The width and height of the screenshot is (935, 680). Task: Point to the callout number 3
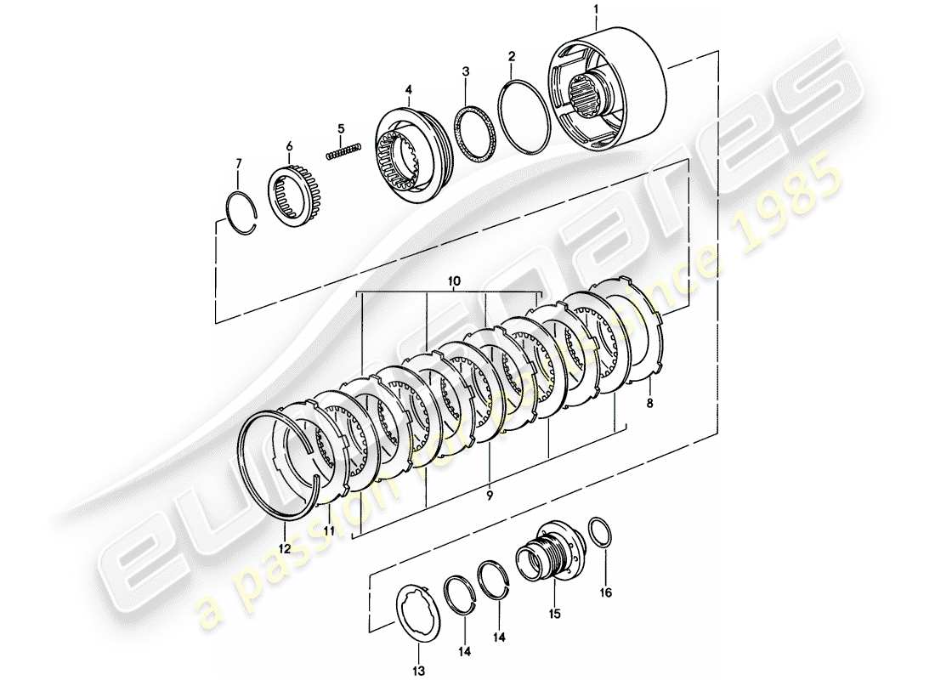click(464, 73)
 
